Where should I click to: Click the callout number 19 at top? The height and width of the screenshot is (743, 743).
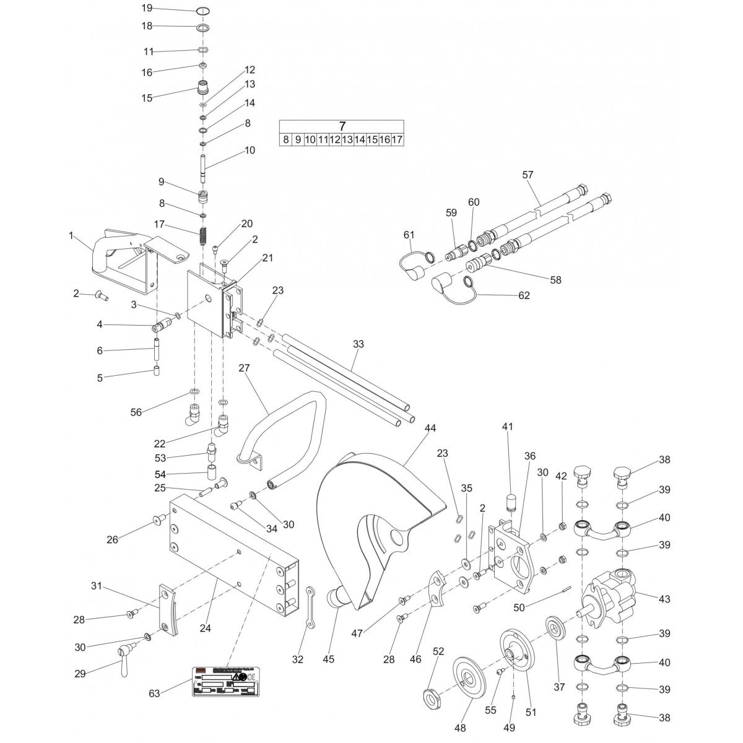[146, 8]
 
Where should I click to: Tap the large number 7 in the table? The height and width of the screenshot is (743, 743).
[342, 126]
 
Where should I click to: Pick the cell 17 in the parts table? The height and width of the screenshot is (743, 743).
[397, 140]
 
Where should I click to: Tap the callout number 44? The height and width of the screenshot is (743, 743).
[430, 428]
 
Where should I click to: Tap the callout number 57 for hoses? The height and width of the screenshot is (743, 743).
[528, 175]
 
